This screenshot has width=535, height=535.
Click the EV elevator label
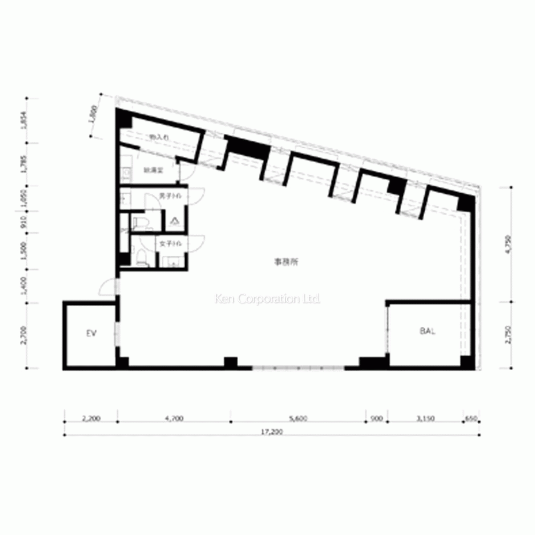point(91,333)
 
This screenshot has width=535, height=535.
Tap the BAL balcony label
point(427,331)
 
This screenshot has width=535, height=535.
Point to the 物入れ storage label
point(159,137)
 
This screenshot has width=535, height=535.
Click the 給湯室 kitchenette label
point(152,171)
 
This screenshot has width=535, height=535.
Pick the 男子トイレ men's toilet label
point(170,197)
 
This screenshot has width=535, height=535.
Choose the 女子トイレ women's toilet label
point(170,244)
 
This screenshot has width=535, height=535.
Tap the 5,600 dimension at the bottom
point(297,419)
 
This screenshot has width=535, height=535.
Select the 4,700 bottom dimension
point(174,419)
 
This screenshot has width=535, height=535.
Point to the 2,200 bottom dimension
point(91,419)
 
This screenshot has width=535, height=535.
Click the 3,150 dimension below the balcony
point(425,419)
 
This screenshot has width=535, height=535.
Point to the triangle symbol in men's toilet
point(174,220)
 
